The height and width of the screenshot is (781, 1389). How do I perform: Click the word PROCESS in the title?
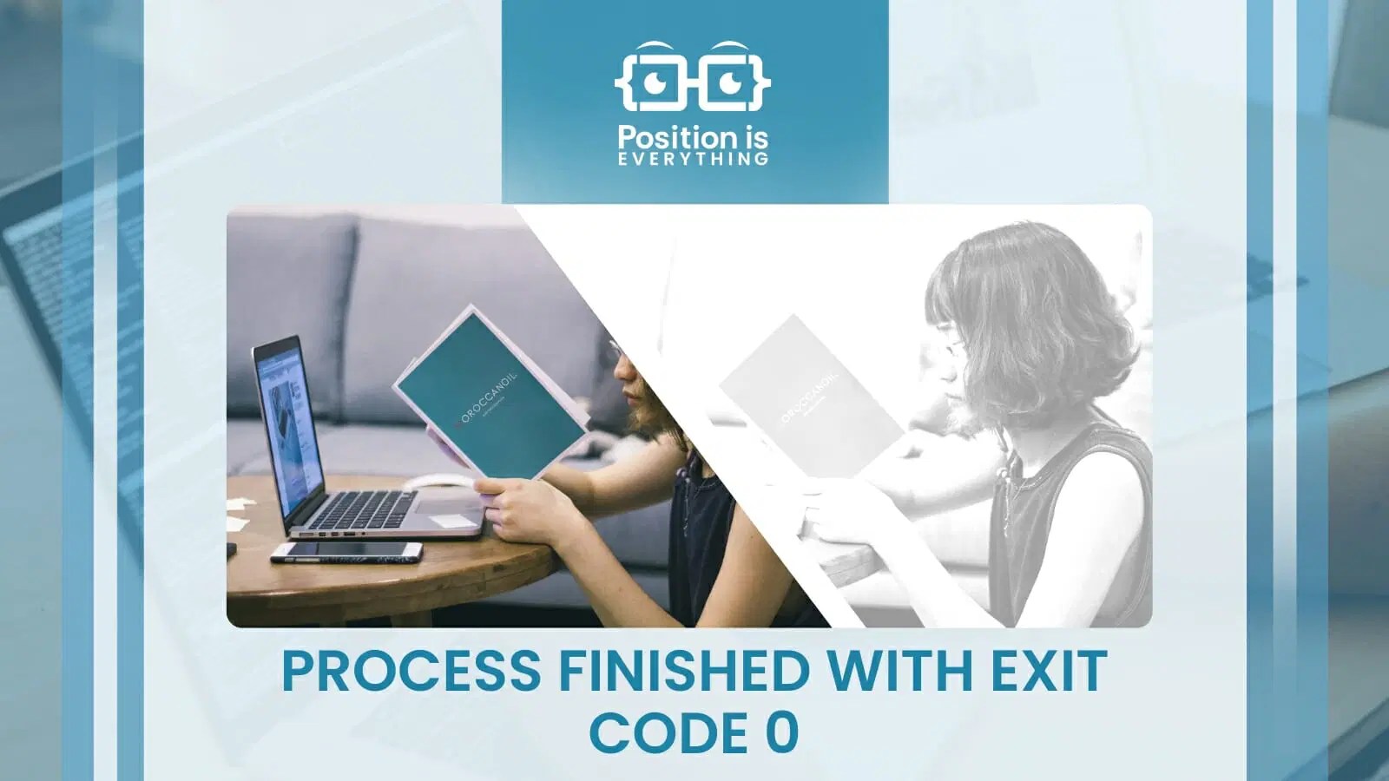tap(410, 671)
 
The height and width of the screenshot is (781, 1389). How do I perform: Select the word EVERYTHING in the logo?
tap(694, 159)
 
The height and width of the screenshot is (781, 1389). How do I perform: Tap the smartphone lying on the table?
tap(346, 551)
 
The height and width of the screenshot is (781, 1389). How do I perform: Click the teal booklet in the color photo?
tap(490, 390)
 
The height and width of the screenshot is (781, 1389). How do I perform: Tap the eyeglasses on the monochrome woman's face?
tap(953, 348)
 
